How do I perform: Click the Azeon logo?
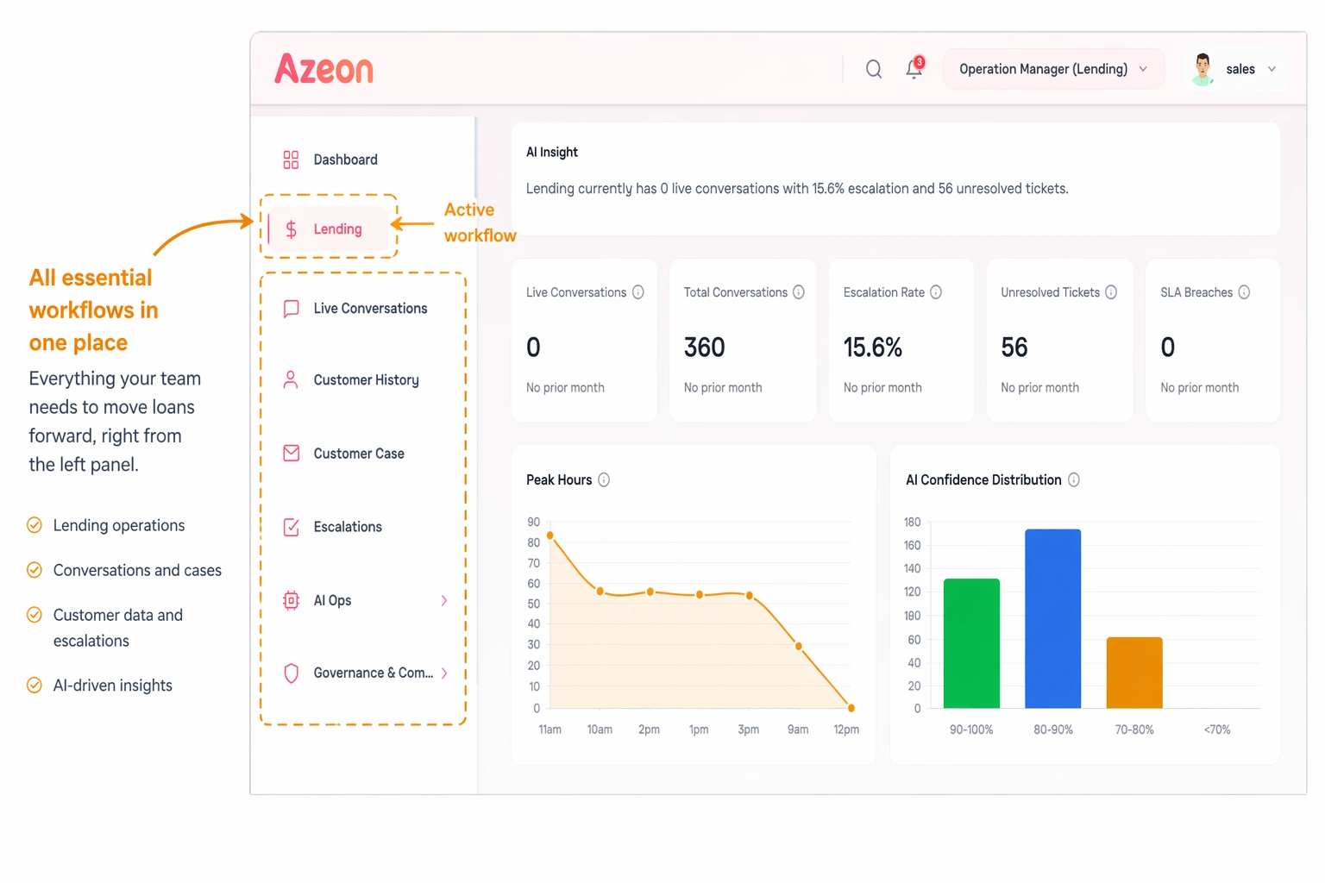point(324,69)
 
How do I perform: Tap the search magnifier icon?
point(874,69)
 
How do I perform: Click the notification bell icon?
point(914,69)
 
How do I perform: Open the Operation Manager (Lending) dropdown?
point(1052,69)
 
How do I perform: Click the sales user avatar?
point(1203,69)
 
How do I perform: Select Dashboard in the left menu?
point(345,160)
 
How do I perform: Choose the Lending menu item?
point(336,229)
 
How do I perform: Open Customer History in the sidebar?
point(366,380)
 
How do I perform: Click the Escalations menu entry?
point(347,527)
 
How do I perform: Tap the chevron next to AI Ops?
point(444,600)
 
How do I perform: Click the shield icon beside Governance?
point(292,673)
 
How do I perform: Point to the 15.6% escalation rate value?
point(873,348)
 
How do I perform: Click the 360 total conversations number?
point(705,348)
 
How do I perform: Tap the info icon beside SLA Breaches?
point(1244,292)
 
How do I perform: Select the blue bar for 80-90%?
point(1052,618)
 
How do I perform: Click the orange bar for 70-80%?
point(1134,673)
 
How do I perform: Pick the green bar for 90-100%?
point(971,643)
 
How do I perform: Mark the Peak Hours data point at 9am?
point(799,646)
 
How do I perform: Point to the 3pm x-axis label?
point(749,730)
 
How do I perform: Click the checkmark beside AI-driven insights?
point(35,686)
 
